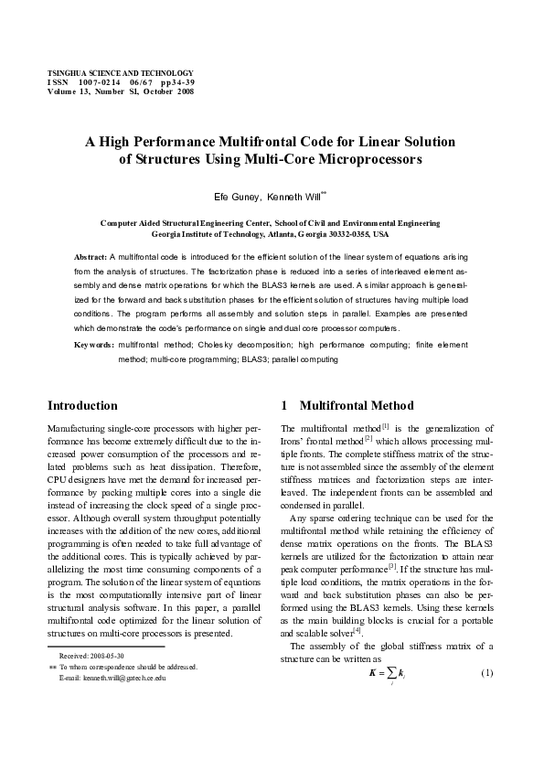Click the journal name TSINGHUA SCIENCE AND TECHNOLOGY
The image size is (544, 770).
[x=120, y=72]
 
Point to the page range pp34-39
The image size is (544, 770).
[x=176, y=82]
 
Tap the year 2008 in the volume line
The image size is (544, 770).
[x=181, y=91]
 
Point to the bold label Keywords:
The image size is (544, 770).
[x=94, y=345]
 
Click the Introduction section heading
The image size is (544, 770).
[x=82, y=405]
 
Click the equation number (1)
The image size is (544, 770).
[x=487, y=673]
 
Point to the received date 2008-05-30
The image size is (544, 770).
[x=101, y=657]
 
